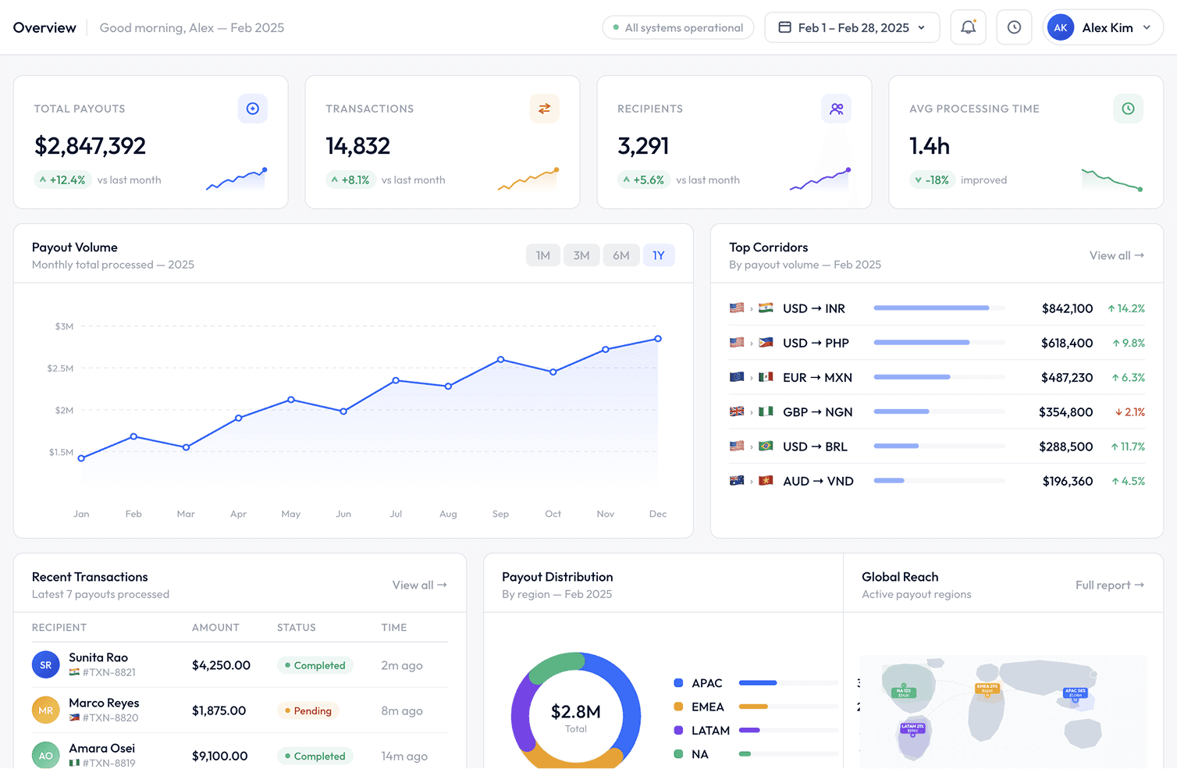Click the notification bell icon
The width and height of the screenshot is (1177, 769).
[968, 27]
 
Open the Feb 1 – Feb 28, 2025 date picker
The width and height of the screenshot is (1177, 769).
[852, 27]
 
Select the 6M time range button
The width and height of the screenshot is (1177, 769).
[621, 255]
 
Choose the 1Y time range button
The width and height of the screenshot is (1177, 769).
[659, 255]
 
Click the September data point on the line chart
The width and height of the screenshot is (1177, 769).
[500, 360]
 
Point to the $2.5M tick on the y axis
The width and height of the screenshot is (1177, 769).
[60, 368]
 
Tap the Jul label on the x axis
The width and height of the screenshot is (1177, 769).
[396, 514]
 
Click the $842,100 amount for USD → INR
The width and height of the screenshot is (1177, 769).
[1066, 308]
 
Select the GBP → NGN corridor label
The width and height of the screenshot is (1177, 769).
[817, 412]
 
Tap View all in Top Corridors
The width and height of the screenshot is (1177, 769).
[1116, 255]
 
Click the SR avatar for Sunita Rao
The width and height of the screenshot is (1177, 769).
[45, 665]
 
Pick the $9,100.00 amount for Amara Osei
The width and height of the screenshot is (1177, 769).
[219, 756]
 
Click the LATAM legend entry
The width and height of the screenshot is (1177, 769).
[710, 731]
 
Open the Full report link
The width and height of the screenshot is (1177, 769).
[1109, 585]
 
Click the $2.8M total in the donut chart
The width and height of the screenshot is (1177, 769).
[575, 712]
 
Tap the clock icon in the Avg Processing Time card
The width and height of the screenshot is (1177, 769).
[1128, 109]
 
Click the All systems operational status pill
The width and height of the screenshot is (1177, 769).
[677, 27]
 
